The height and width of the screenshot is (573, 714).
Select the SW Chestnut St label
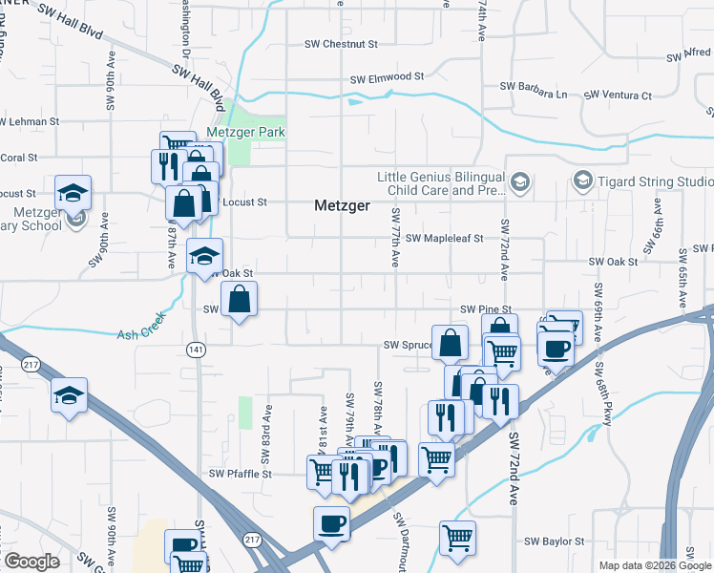click(342, 44)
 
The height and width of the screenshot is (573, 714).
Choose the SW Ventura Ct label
click(618, 95)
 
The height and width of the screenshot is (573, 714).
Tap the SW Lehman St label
click(30, 122)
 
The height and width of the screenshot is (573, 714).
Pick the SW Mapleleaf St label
click(445, 239)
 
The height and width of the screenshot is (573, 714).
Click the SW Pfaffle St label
click(241, 474)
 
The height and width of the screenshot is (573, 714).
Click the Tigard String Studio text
click(656, 181)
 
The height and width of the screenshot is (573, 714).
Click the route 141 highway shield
click(196, 350)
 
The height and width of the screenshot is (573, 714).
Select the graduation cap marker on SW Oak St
click(205, 256)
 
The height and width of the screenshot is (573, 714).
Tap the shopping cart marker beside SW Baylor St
click(458, 537)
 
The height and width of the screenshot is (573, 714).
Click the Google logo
click(31, 562)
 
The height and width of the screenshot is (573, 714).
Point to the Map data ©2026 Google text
click(655, 565)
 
